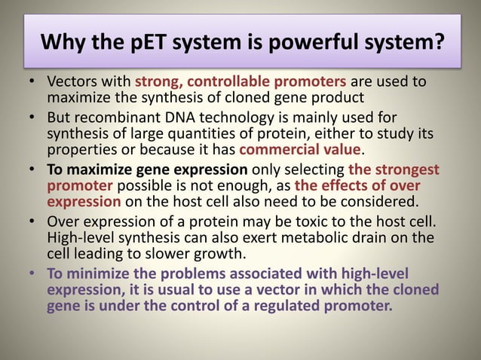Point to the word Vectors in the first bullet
(x=69, y=81)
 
